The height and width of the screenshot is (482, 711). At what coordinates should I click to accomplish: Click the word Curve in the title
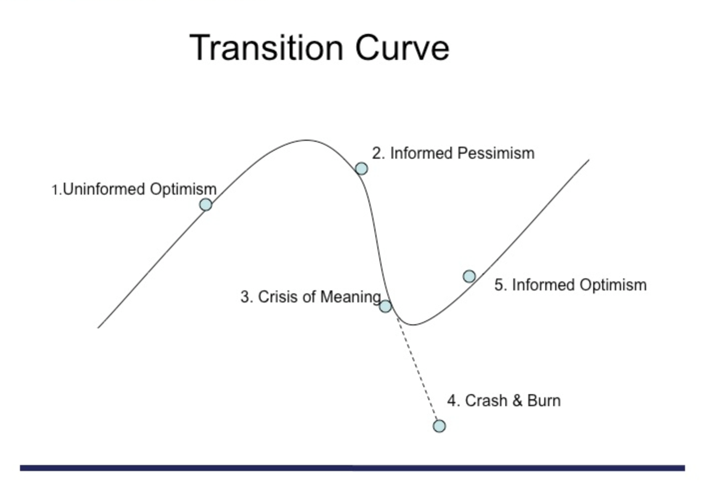402,48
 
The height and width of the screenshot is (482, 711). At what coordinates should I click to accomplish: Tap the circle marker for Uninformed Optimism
206,205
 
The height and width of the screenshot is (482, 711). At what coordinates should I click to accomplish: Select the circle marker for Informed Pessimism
361,169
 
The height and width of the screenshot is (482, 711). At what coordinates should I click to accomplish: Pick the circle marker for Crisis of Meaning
385,306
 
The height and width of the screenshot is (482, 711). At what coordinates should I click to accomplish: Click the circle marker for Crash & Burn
439,426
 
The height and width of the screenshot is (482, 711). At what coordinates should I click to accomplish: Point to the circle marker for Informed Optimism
469,276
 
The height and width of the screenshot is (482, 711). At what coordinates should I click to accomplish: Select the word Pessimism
496,153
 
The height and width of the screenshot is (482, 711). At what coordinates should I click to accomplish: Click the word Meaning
351,297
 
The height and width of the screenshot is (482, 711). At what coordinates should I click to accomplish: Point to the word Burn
544,401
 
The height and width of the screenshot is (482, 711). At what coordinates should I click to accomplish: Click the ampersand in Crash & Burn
517,401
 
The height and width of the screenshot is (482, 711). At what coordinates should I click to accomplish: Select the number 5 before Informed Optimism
499,285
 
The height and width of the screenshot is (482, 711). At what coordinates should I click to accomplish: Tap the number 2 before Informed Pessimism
377,153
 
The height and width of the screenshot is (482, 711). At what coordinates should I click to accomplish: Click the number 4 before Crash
452,401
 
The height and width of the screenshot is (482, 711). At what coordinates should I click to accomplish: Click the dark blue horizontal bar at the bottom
353,468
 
